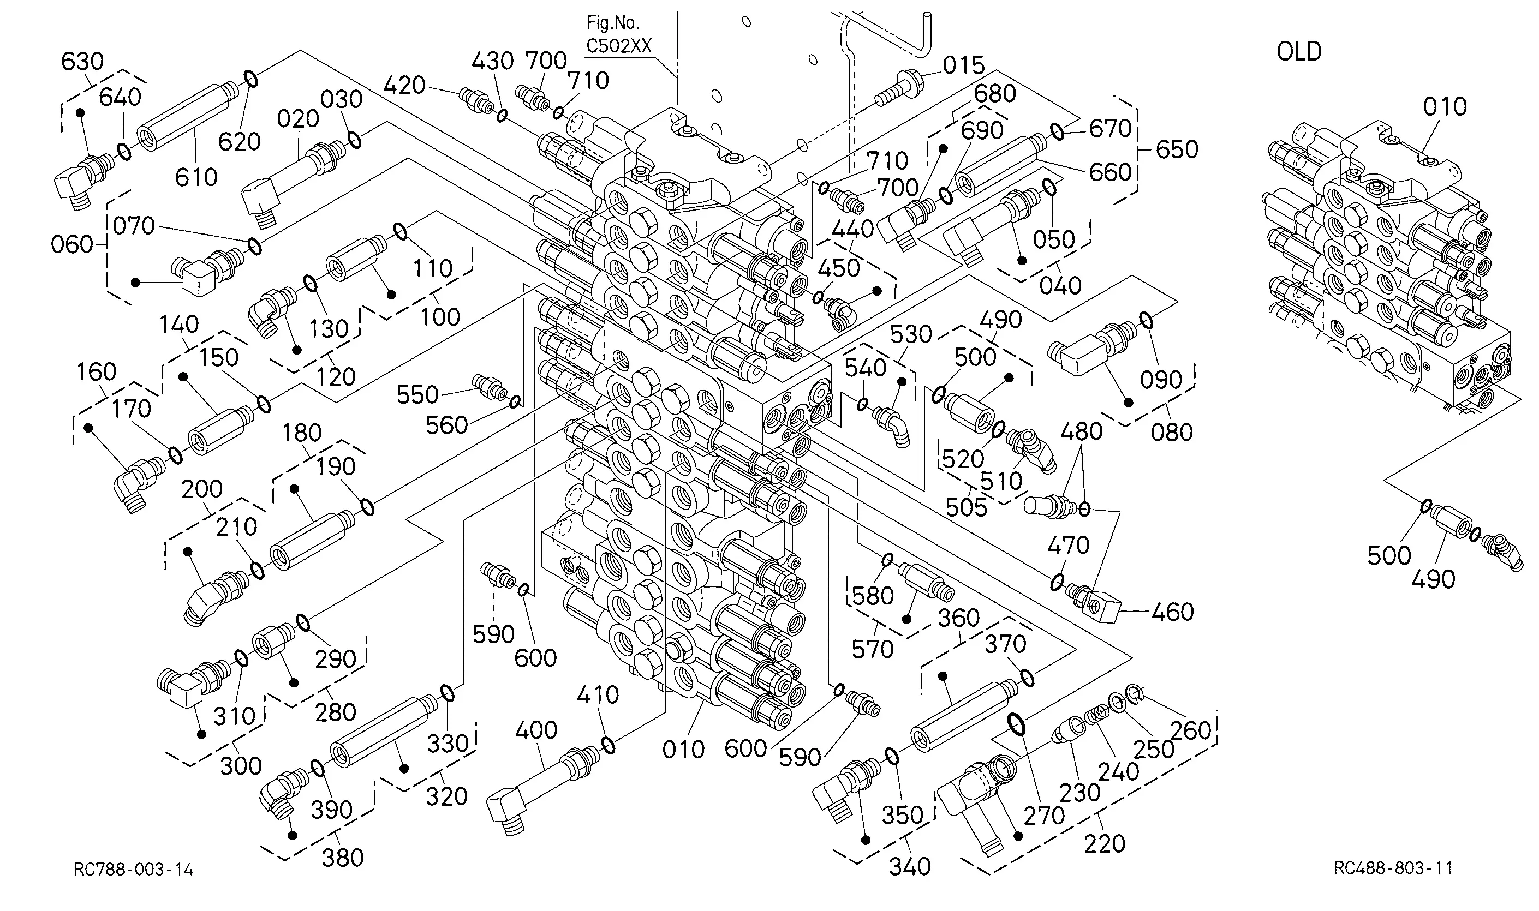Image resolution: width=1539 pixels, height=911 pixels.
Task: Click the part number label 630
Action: pos(82,62)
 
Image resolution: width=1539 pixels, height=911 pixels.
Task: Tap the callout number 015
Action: pos(964,65)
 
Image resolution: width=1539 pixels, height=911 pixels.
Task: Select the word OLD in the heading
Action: pos(1299,52)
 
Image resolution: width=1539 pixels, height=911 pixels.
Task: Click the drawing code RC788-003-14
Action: pos(133,869)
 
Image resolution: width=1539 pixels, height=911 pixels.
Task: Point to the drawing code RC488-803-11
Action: pos(1393,868)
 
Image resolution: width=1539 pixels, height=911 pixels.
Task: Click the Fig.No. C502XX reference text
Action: pos(618,34)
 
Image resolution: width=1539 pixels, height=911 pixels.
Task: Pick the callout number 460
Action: pos(1172,612)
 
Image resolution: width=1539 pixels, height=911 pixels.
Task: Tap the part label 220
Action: pos(1104,844)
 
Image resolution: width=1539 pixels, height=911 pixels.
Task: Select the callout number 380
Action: pos(343,858)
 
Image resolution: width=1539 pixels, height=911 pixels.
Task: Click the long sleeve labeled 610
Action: pos(187,116)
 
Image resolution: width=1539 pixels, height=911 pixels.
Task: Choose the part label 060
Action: pos(72,245)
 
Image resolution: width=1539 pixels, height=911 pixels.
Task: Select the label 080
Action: pos(1172,433)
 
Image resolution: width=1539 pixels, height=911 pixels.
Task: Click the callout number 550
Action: pos(417,395)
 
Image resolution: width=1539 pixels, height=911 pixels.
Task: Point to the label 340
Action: pos(910,867)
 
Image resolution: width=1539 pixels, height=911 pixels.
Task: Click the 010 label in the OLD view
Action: pos(1445,107)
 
